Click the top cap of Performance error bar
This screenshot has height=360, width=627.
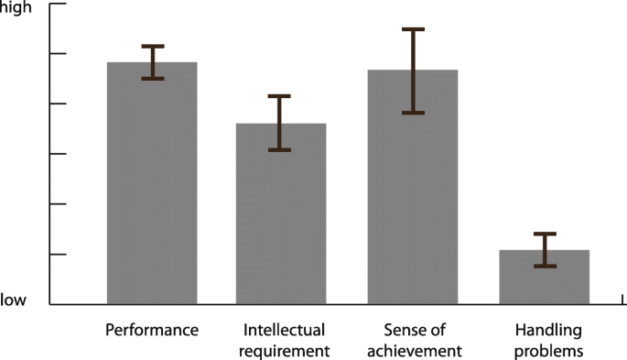coord(152,46)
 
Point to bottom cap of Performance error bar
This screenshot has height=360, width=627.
coord(152,79)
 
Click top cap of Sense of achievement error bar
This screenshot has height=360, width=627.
coord(413,29)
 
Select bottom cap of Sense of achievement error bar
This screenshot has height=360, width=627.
coord(413,113)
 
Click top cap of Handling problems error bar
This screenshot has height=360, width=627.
coord(545,234)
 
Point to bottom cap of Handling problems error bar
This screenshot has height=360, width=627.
coord(545,267)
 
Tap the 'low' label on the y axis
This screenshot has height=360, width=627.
coord(14,300)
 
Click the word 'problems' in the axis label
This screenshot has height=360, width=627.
coord(544,350)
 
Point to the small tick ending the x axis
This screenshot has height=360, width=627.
coord(623,300)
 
